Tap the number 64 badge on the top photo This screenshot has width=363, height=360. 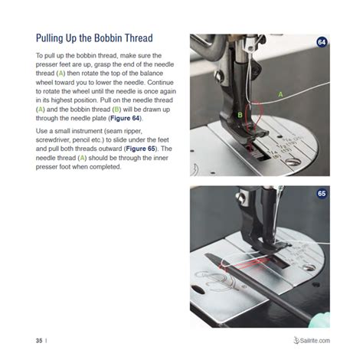322,42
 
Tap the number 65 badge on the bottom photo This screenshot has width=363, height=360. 322,194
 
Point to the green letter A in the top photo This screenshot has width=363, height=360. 280,93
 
